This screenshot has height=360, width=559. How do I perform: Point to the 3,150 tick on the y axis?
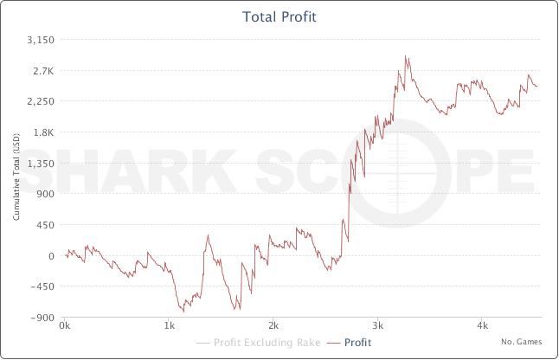click(42, 40)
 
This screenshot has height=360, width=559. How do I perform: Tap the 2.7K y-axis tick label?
click(44, 71)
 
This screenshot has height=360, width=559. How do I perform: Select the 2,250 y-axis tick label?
click(42, 101)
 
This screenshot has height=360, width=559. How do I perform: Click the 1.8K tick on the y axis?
click(44, 132)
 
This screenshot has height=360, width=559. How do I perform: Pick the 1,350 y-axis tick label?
click(42, 163)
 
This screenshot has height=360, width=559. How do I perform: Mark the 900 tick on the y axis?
click(47, 194)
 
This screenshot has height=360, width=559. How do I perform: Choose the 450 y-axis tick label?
click(47, 225)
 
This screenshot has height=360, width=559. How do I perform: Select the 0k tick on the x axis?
click(64, 326)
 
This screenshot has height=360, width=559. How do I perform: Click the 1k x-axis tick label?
click(169, 326)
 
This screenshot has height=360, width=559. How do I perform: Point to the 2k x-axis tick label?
click(273, 326)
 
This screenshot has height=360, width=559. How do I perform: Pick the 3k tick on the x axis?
click(378, 326)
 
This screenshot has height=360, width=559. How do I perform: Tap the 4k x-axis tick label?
click(483, 326)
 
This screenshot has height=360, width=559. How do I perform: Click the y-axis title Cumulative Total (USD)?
click(16, 179)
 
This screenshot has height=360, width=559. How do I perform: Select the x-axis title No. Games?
click(521, 342)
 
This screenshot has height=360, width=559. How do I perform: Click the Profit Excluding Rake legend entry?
click(256, 343)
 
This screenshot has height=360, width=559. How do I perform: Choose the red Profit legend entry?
click(350, 343)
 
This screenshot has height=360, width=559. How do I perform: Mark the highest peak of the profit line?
click(406, 57)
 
